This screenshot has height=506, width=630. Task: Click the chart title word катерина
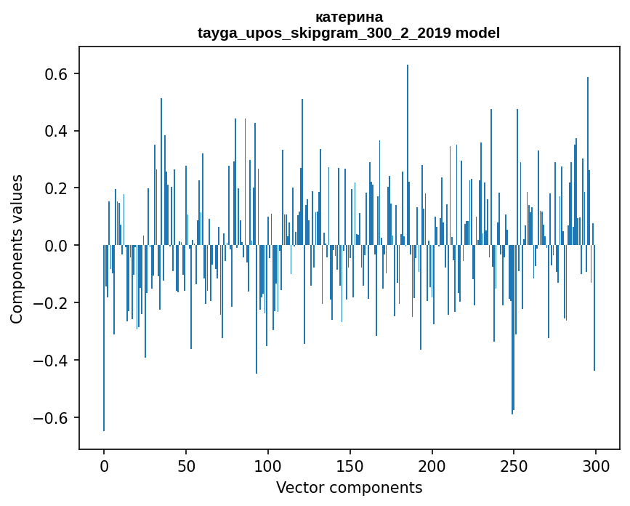(349, 17)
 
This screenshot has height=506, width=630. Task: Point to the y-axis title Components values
(17, 249)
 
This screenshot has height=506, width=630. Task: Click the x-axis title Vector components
(349, 487)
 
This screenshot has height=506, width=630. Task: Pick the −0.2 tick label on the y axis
(51, 303)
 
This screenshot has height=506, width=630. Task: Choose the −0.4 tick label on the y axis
(51, 361)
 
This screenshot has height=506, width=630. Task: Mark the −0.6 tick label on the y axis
(51, 418)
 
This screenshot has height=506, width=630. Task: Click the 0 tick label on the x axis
(104, 465)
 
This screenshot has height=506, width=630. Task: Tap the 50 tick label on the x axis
(186, 465)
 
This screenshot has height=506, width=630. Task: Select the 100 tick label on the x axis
(268, 465)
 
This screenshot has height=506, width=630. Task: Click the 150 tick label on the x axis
(350, 465)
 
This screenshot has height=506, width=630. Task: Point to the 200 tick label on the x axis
(432, 465)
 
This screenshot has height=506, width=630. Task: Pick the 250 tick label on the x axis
(514, 465)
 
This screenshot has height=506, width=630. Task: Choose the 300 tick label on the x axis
(596, 465)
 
